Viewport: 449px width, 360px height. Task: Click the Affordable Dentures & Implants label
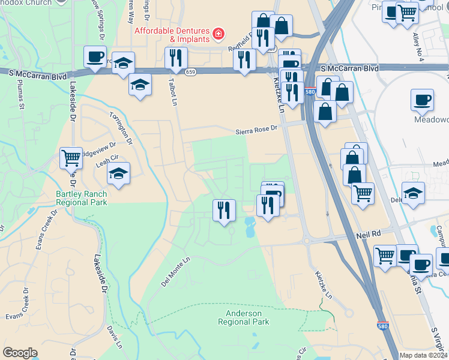point(172,35)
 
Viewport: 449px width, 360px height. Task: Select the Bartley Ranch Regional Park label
point(82,198)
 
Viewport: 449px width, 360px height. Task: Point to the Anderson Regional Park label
point(244,317)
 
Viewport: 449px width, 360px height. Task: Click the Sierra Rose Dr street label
point(256,128)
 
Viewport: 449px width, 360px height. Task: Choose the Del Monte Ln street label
point(175,272)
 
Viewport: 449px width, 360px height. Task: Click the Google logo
point(20,353)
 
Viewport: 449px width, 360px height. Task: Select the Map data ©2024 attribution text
point(423,355)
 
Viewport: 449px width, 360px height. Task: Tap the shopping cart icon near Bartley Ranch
point(71,158)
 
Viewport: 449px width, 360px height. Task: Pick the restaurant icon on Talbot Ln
point(176,58)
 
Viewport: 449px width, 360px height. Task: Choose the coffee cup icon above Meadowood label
point(422,100)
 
